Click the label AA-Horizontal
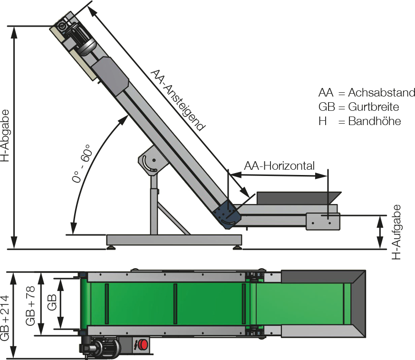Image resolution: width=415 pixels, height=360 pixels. point(279,166)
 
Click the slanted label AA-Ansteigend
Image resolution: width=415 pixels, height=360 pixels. point(177,100)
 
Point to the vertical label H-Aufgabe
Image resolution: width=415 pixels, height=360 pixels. point(396,232)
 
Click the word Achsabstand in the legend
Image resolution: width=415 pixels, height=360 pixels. point(381,92)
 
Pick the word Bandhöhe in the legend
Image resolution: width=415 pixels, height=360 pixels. point(374,121)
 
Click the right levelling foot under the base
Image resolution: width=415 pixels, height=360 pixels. point(236,247)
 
